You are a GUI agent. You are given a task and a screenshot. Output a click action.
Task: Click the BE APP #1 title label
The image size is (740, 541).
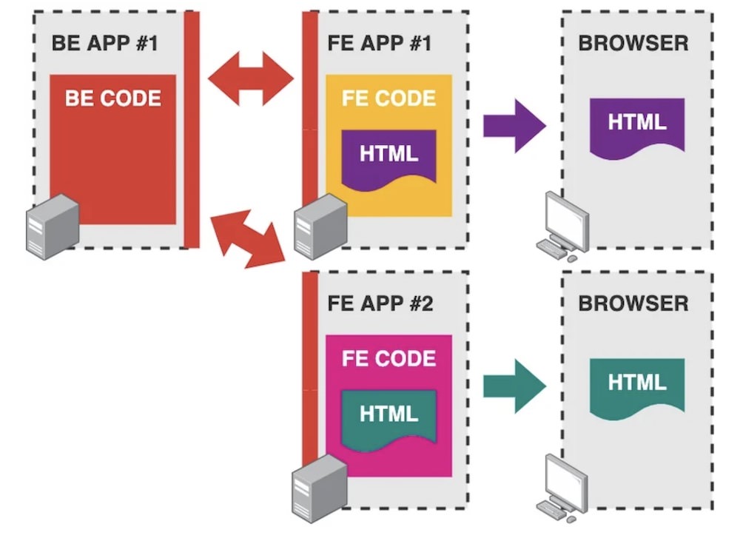click(104, 42)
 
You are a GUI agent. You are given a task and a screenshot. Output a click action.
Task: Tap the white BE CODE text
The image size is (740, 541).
click(112, 98)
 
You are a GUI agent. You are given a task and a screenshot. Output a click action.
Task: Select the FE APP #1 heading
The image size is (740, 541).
click(379, 42)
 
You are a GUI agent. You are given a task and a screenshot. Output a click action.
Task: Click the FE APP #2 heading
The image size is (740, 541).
click(379, 303)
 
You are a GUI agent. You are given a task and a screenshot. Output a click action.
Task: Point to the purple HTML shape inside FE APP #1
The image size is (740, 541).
click(388, 157)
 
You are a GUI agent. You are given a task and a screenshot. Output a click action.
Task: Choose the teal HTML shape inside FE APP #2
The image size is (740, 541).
click(388, 416)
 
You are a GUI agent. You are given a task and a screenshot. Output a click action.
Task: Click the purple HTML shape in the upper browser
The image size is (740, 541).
click(637, 124)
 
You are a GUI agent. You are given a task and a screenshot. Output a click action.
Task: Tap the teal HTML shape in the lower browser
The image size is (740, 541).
click(637, 385)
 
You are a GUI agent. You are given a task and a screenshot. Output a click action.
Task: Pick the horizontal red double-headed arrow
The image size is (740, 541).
click(251, 78)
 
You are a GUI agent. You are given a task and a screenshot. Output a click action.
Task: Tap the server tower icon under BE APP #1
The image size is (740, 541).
click(53, 226)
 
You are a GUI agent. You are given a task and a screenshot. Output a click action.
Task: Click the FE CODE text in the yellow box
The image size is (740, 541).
click(388, 98)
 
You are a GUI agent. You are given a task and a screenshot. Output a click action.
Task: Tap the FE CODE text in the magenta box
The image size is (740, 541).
click(388, 359)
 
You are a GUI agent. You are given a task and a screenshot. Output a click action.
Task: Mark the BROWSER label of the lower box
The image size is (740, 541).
click(633, 303)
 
